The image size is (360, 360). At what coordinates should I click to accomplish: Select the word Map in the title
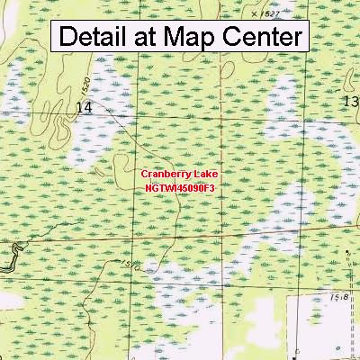pyautogui.click(x=209, y=37)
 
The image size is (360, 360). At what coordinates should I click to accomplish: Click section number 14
pyautogui.click(x=85, y=107)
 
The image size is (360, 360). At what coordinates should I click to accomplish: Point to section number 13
pyautogui.click(x=350, y=103)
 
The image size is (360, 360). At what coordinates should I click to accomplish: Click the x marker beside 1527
pyautogui.click(x=254, y=14)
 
